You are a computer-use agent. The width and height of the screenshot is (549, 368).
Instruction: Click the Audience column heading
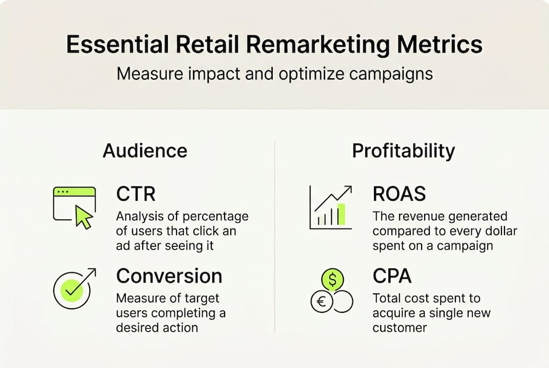(145, 151)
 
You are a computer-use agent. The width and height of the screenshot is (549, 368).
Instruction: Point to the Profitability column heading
(403, 151)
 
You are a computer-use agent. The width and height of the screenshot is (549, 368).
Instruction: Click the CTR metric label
(136, 194)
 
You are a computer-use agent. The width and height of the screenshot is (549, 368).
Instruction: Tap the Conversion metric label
(169, 276)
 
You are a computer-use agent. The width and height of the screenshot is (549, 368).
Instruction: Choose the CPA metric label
(392, 276)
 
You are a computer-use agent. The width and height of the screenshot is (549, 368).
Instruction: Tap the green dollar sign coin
(333, 279)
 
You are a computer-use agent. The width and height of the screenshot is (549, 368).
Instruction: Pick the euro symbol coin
(322, 302)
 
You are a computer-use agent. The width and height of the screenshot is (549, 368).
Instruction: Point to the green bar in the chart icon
(341, 214)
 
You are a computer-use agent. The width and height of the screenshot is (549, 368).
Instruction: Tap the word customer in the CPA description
(400, 328)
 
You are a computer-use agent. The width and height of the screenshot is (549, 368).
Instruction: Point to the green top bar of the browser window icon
(74, 192)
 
